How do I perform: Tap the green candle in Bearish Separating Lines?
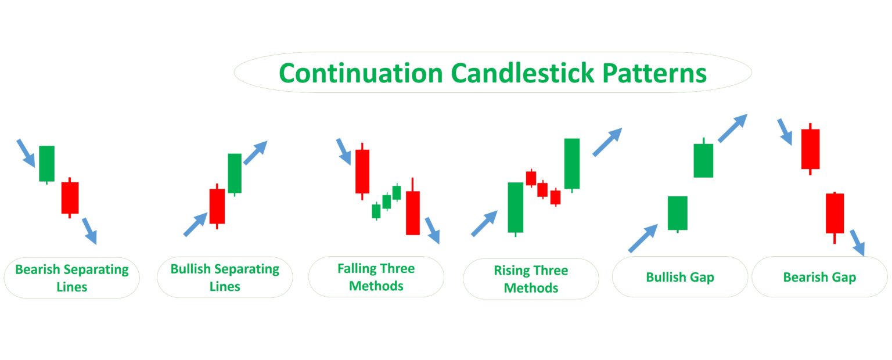46,163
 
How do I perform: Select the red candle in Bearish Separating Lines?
70,197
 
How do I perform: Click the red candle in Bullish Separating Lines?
217,206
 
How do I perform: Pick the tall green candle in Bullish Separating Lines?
235,173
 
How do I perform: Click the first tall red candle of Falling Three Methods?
362,171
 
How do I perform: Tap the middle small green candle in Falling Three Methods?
386,201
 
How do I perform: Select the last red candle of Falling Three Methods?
412,213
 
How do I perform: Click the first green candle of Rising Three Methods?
516,207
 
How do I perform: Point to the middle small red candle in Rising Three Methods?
542,189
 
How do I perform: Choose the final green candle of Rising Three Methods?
572,163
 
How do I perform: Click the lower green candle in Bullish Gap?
677,213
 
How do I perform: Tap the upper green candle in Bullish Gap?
703,160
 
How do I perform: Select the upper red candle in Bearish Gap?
810,149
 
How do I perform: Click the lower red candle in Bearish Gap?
835,213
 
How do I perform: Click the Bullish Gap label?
680,278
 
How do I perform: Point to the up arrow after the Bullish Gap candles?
732,128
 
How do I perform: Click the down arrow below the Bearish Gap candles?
857,242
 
